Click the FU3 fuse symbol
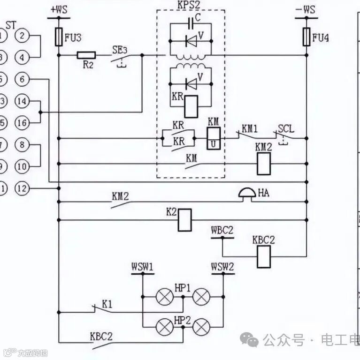(x=59, y=37)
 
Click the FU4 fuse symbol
(x=306, y=37)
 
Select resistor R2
(x=86, y=55)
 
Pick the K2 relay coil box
(x=184, y=219)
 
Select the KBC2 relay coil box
(x=264, y=255)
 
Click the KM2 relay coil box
(x=264, y=164)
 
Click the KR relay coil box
(x=191, y=106)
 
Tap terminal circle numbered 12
(x=22, y=188)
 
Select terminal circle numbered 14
(x=22, y=101)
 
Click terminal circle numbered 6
(x=22, y=80)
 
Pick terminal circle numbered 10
(x=22, y=166)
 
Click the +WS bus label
(x=59, y=9)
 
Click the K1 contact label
(x=107, y=304)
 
